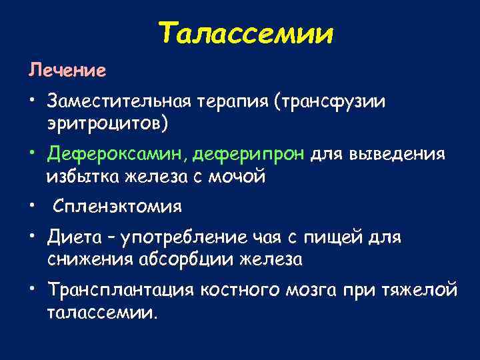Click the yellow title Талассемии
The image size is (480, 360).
[247, 33]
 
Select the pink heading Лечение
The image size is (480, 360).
[66, 70]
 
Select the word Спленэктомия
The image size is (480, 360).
[117, 207]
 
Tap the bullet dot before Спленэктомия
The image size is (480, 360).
[31, 204]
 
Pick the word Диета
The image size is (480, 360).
[70, 237]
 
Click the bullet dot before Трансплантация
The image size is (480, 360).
[31, 288]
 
